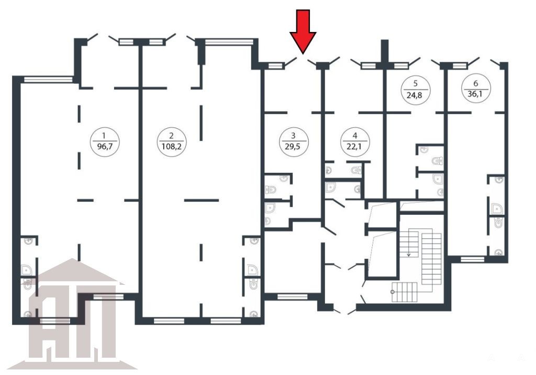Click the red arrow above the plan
point(303,31)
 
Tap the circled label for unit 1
point(105,142)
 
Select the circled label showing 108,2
point(172,142)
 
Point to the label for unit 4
point(355,142)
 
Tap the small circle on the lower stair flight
point(393,292)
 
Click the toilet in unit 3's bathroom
point(271,189)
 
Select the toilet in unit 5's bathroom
point(438,160)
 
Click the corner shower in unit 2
point(252,269)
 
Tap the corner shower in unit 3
point(270,208)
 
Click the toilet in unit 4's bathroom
point(356,169)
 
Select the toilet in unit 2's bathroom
point(254,284)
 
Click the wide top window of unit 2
point(229,42)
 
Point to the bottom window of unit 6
point(473,259)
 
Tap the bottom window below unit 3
point(292,296)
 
